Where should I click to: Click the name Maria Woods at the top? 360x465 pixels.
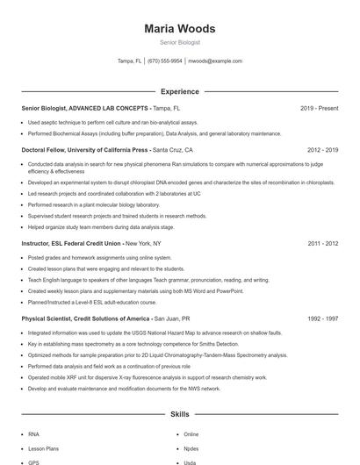pyautogui.click(x=179, y=29)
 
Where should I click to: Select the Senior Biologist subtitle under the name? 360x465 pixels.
pyautogui.click(x=179, y=41)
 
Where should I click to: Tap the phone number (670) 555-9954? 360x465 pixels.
pyautogui.click(x=165, y=61)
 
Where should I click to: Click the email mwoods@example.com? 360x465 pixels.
pyautogui.click(x=215, y=61)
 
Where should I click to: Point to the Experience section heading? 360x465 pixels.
pyautogui.click(x=179, y=91)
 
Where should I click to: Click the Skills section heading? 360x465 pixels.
pyautogui.click(x=179, y=413)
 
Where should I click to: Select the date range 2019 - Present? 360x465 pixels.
pyautogui.click(x=319, y=108)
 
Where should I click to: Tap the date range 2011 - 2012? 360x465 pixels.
pyautogui.click(x=322, y=243)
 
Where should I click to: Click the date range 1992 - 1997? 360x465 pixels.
pyautogui.click(x=322, y=318)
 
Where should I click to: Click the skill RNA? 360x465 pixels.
pyautogui.click(x=33, y=434)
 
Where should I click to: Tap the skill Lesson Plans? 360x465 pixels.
pyautogui.click(x=40, y=448)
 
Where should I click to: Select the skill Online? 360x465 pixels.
pyautogui.click(x=191, y=434)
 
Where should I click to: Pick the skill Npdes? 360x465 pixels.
pyautogui.click(x=191, y=448)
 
